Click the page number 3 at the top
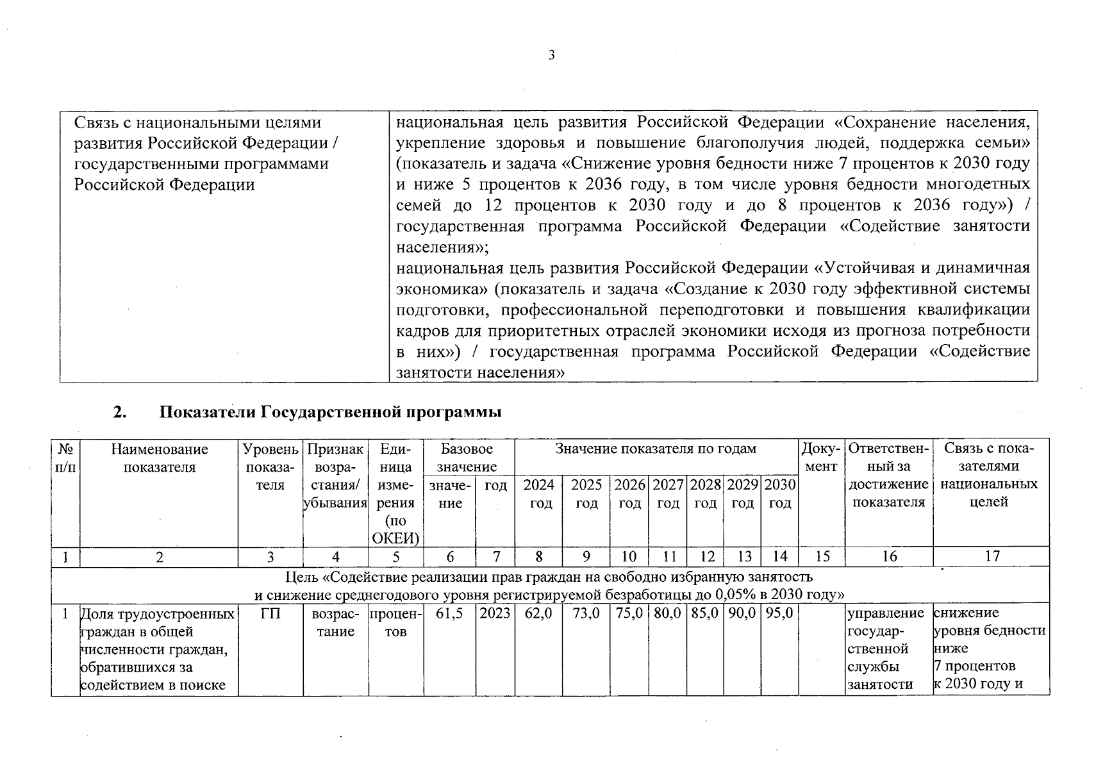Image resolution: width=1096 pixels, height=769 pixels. tap(551, 55)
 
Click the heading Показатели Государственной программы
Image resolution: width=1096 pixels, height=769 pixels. tap(329, 412)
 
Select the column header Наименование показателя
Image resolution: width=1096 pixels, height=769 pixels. tap(159, 458)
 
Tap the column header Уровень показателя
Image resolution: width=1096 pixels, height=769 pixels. tap(270, 467)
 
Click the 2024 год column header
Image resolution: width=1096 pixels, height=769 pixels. tap(539, 494)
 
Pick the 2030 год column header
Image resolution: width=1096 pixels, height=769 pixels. tap(779, 494)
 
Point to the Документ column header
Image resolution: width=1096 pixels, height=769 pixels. tap(821, 458)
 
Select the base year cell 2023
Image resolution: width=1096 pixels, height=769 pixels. tap(495, 613)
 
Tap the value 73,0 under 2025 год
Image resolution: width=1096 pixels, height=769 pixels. tap(586, 613)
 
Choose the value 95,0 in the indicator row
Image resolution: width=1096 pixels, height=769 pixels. tap(779, 613)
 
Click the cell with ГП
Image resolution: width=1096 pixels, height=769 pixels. tap(270, 613)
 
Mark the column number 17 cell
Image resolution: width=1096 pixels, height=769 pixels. tap(992, 556)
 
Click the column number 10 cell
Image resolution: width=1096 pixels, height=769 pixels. tap(629, 556)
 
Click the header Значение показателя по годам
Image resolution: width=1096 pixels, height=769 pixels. tap(656, 449)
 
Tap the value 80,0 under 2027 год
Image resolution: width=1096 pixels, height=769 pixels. tap(667, 613)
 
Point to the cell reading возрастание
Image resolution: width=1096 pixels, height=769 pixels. tap(335, 622)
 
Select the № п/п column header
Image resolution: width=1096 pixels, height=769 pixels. tap(65, 458)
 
